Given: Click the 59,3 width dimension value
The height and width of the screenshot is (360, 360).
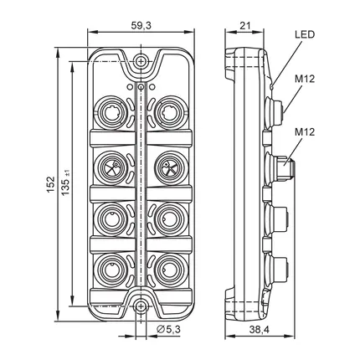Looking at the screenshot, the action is click(141, 25).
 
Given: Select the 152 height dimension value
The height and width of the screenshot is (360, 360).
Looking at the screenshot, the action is click(50, 184).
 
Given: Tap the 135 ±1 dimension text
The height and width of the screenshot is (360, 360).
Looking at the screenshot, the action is click(66, 183).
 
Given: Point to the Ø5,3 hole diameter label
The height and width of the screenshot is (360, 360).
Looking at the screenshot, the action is click(168, 329).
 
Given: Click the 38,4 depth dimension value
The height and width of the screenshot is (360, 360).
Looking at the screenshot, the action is click(260, 330).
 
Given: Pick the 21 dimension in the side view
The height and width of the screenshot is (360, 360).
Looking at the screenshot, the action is click(245, 26).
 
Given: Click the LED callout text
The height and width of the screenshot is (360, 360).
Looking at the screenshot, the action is click(305, 34).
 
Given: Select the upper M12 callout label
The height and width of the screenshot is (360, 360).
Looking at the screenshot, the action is click(305, 79).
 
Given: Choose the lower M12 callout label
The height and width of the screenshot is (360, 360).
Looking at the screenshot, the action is click(305, 131).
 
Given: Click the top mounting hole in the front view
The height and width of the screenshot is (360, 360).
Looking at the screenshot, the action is click(141, 61).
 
